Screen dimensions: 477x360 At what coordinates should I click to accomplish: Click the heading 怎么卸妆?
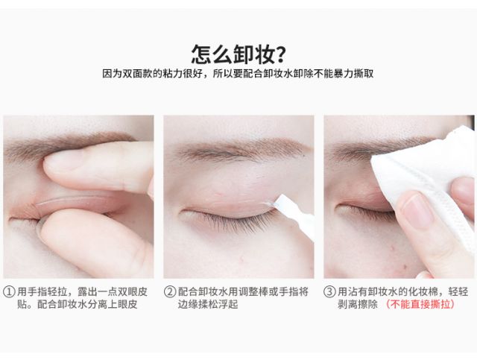tap(238, 54)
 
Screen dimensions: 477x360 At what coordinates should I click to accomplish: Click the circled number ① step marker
tap(9, 292)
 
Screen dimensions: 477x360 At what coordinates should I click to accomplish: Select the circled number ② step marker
tap(170, 292)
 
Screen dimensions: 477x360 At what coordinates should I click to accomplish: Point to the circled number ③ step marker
tap(329, 292)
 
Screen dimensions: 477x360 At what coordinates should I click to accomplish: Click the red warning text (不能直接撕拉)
tap(420, 304)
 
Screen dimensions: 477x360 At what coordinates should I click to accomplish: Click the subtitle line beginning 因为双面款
tap(238, 74)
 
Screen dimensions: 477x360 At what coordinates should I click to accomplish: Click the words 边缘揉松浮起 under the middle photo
tap(208, 304)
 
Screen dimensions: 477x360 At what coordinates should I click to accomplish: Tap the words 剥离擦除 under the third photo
tap(358, 304)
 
